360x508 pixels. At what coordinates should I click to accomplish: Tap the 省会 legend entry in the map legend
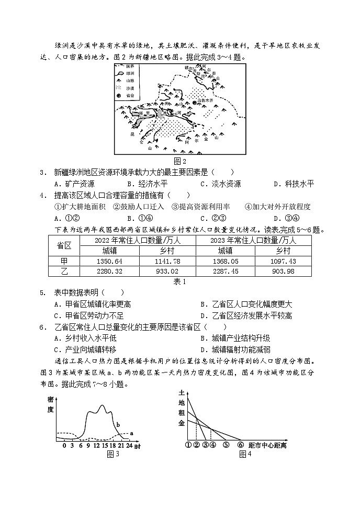coord(131,95)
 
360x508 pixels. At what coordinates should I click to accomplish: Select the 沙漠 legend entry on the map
coord(131,88)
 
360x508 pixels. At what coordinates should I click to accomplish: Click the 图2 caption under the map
coord(179,161)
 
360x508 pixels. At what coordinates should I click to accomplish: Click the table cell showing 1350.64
coord(110,261)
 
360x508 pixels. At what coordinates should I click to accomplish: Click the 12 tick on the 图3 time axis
coord(96,445)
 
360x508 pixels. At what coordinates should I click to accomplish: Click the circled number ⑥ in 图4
coord(240,445)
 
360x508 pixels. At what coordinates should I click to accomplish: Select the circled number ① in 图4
coord(187,445)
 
